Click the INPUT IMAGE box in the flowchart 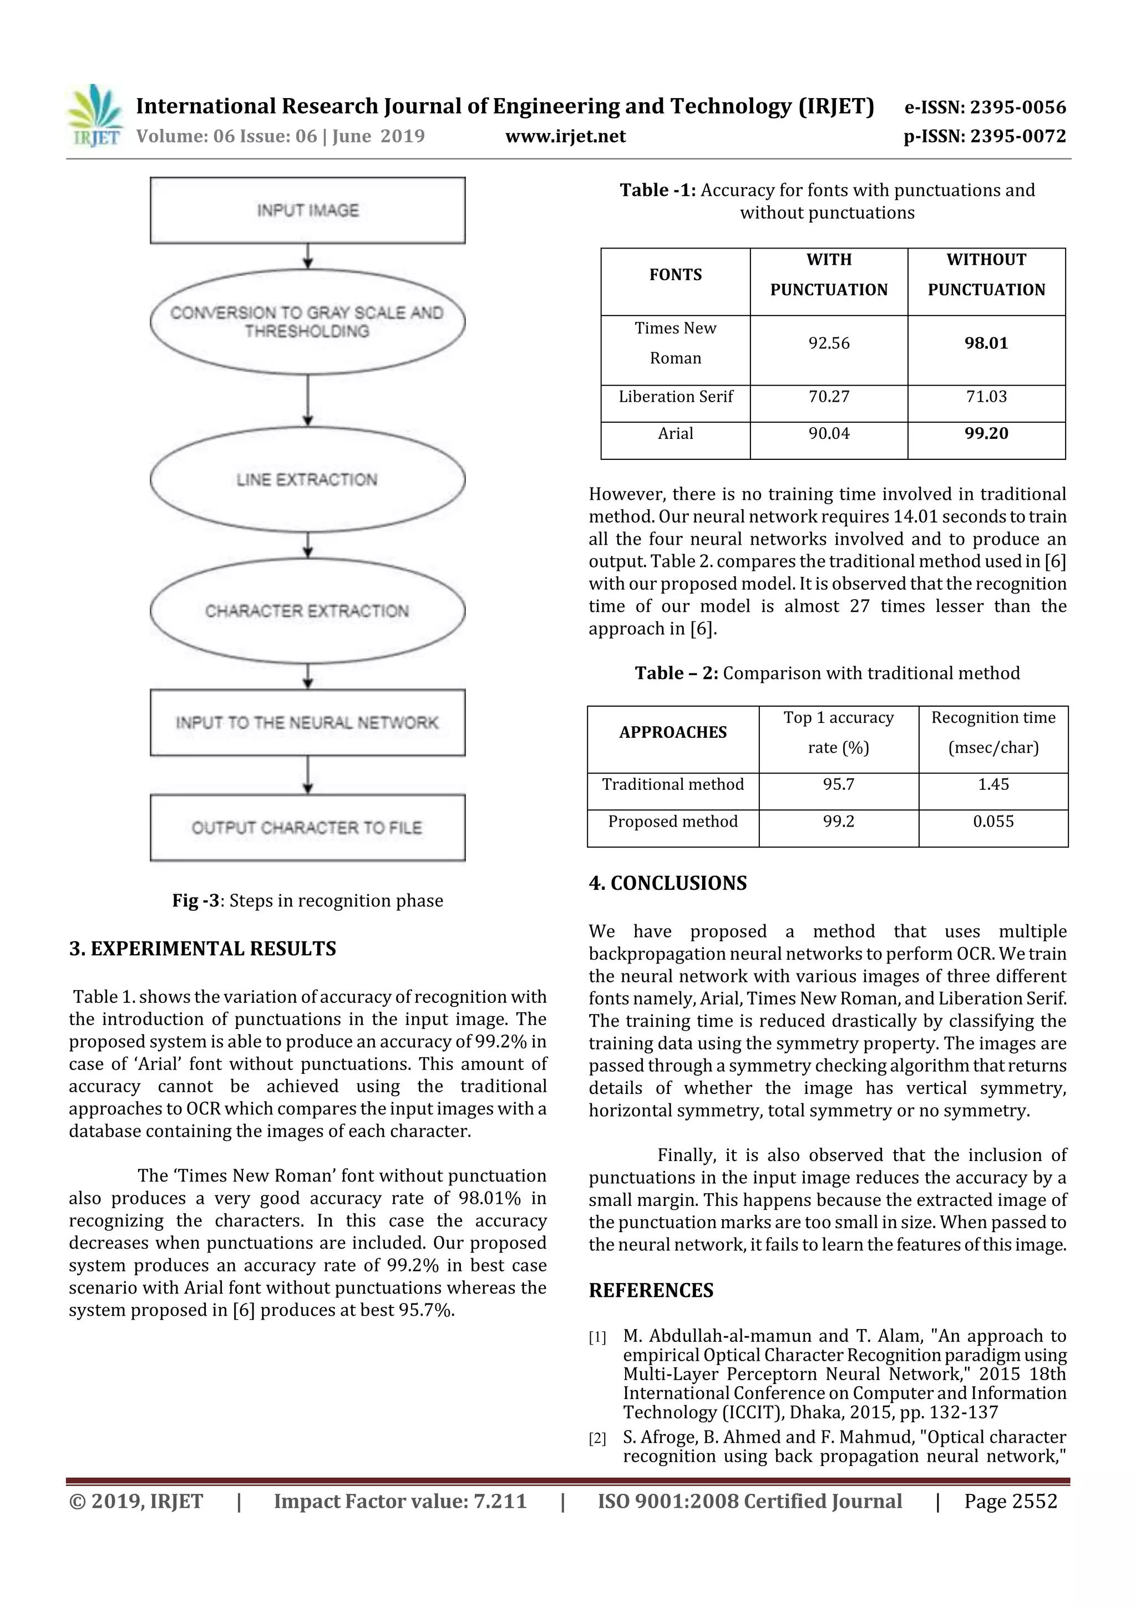[307, 210]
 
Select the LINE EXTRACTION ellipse [307, 479]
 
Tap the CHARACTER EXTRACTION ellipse [307, 610]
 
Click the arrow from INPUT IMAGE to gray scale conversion [308, 256]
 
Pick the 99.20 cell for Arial [986, 434]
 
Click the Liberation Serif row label [676, 397]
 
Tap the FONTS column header [676, 275]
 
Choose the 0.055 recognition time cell [993, 822]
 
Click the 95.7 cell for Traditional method [839, 784]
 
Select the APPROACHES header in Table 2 [673, 733]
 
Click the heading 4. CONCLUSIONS [668, 883]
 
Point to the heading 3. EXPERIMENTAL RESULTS [202, 949]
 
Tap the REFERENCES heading [651, 1291]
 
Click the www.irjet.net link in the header [566, 136]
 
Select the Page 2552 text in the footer [1010, 1501]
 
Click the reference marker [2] [597, 1439]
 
